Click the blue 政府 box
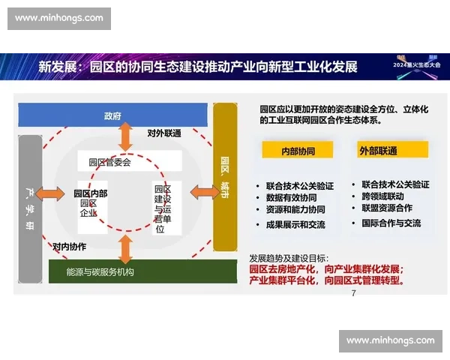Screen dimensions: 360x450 coord(112,115)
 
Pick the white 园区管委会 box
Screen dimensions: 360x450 coord(109,160)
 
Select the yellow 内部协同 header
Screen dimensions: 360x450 coord(298,150)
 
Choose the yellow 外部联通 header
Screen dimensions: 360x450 coord(378,150)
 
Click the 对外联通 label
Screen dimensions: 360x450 coord(163,134)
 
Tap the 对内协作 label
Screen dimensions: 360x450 coord(69,245)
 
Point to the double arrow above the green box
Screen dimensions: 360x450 coord(126,247)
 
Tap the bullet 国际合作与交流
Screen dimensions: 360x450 coord(391,223)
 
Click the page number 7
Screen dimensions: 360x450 coord(353,293)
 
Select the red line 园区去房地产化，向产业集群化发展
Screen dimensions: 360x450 coord(326,268)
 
